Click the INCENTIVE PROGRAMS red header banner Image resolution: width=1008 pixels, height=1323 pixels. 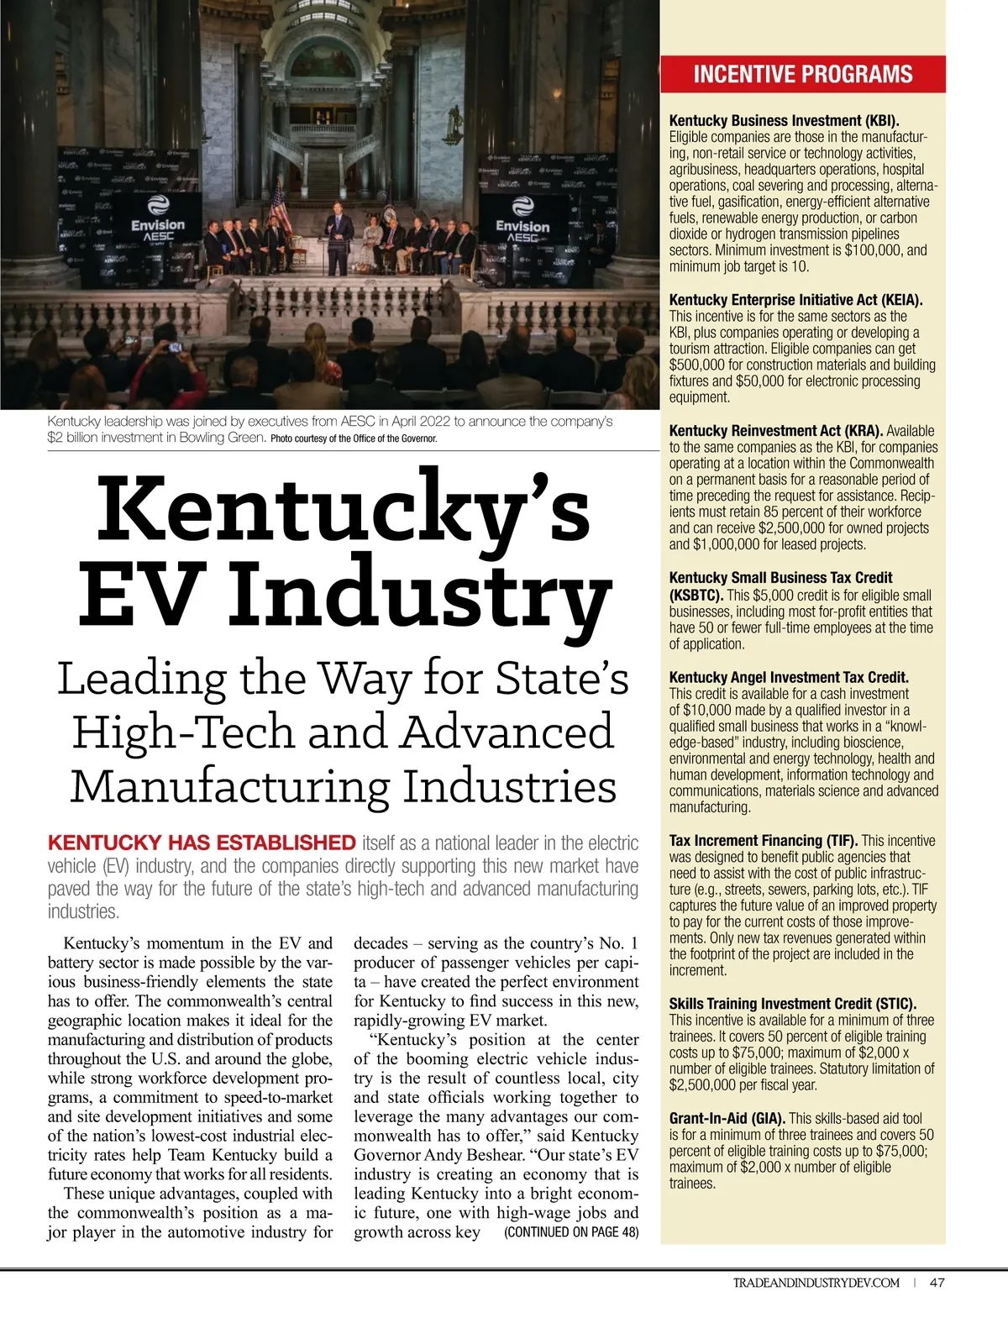click(x=802, y=74)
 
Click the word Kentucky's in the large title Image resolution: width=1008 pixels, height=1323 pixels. click(x=344, y=508)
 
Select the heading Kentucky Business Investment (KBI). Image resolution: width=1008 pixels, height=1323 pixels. click(x=784, y=121)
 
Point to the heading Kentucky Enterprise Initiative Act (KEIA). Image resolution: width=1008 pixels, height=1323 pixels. click(x=795, y=300)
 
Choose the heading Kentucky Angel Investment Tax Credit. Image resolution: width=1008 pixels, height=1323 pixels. click(x=789, y=677)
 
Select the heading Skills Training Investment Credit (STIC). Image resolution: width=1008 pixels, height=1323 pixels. click(x=792, y=1004)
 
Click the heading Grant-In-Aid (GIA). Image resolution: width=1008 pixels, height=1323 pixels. click(x=727, y=1118)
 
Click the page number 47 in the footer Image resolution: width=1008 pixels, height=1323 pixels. click(x=937, y=1283)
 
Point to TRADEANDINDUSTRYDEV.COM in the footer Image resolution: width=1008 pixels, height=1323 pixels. click(x=816, y=1283)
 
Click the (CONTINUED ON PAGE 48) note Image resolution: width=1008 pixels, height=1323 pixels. click(x=570, y=1232)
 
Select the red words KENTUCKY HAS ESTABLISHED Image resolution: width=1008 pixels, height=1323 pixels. click(x=202, y=843)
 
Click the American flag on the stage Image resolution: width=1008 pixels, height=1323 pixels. click(x=280, y=206)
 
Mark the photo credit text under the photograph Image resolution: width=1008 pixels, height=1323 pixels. click(x=354, y=438)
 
